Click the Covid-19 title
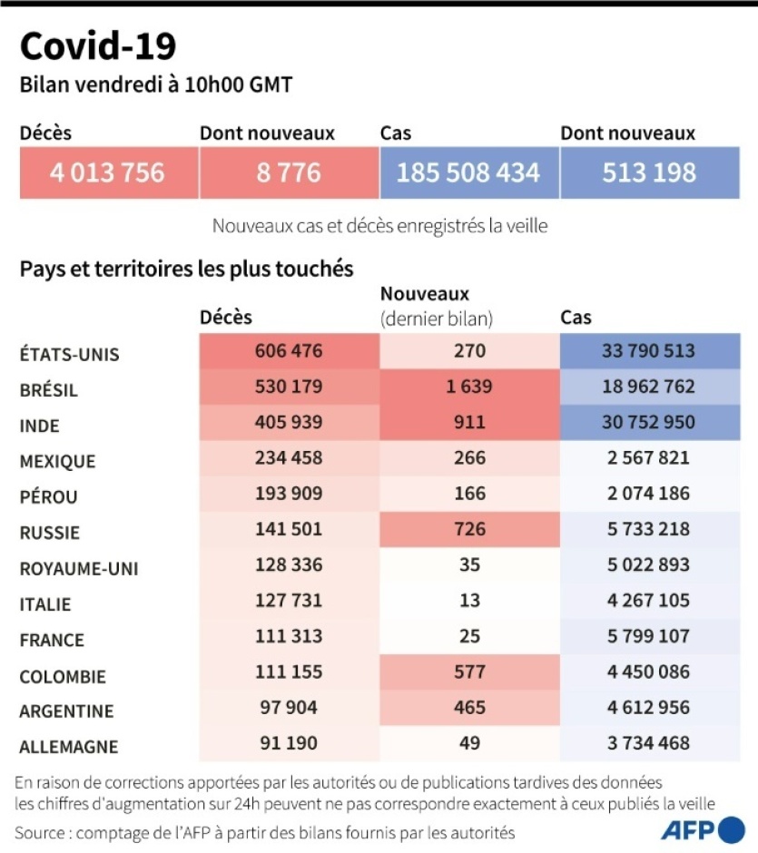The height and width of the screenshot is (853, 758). pyautogui.click(x=98, y=45)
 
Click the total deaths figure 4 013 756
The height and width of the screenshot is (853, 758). pyautogui.click(x=108, y=172)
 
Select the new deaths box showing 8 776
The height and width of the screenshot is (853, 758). pyautogui.click(x=289, y=172)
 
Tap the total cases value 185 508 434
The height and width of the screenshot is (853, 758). pyautogui.click(x=468, y=172)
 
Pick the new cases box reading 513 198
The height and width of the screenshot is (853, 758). pyautogui.click(x=649, y=172)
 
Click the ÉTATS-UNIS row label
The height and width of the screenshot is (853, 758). pyautogui.click(x=70, y=354)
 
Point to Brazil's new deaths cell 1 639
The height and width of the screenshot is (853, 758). pyautogui.click(x=468, y=387)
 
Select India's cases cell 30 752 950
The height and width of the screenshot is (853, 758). pyautogui.click(x=650, y=422)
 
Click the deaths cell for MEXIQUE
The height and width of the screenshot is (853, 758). pyautogui.click(x=289, y=458)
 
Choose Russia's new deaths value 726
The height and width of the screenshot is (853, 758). pyautogui.click(x=468, y=529)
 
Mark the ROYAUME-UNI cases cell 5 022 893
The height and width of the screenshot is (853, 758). pyautogui.click(x=650, y=565)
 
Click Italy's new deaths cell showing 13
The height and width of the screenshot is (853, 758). pyautogui.click(x=468, y=601)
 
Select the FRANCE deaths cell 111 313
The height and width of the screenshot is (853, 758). pyautogui.click(x=289, y=636)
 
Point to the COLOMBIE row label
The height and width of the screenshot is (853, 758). pyautogui.click(x=63, y=676)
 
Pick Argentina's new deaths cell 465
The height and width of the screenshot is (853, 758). pyautogui.click(x=468, y=708)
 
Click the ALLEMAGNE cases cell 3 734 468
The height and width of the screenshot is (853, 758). pyautogui.click(x=650, y=743)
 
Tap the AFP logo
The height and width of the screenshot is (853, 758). pyautogui.click(x=703, y=829)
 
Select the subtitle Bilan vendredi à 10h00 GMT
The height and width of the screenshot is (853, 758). pyautogui.click(x=156, y=85)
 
